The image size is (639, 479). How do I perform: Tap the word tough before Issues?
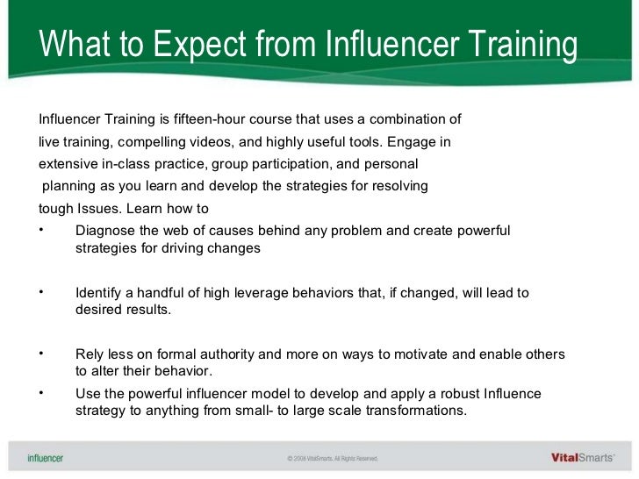coord(56,209)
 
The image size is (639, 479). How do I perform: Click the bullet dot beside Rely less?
coord(41,354)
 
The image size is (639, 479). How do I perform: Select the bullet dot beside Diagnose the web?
coord(41,231)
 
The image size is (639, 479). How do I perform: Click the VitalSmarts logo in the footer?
coord(583,456)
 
